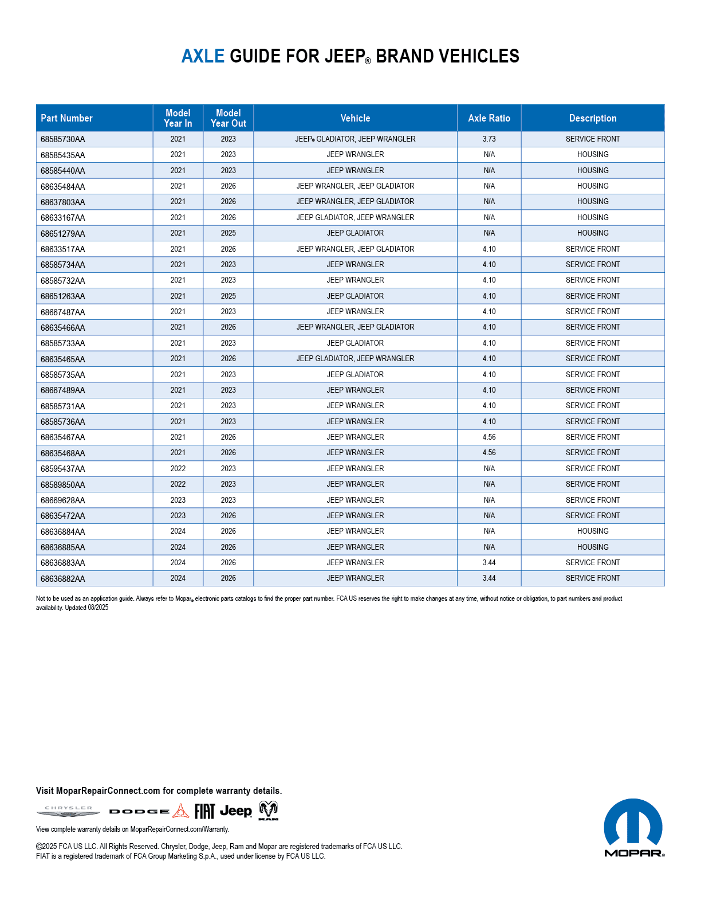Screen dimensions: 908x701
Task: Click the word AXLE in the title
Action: pos(203,56)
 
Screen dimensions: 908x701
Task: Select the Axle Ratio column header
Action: pos(489,118)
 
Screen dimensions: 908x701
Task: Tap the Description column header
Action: pos(593,118)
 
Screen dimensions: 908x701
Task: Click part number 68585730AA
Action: pos(63,139)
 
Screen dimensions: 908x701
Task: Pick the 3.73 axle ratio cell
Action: pos(489,139)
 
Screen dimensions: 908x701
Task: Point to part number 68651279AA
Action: pos(63,233)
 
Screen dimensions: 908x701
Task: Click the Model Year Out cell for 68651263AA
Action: pos(228,296)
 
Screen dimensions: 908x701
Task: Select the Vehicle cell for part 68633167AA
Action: pos(355,218)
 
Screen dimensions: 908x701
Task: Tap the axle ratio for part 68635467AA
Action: pos(489,437)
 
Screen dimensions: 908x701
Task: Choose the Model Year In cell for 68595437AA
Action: pos(178,468)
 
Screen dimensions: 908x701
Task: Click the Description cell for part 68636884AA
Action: pos(593,531)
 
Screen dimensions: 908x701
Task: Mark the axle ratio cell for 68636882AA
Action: pos(489,578)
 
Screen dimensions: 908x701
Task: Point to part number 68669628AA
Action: pos(63,500)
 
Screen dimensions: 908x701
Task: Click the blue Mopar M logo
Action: pos(633,824)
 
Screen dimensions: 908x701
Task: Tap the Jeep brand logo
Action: pos(236,811)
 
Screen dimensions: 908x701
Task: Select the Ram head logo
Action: pos(269,811)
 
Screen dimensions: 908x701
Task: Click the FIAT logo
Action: pos(204,811)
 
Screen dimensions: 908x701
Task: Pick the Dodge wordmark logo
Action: pos(139,812)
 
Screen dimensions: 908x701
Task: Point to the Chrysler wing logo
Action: pos(68,811)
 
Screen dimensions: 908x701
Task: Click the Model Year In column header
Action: pos(178,118)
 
